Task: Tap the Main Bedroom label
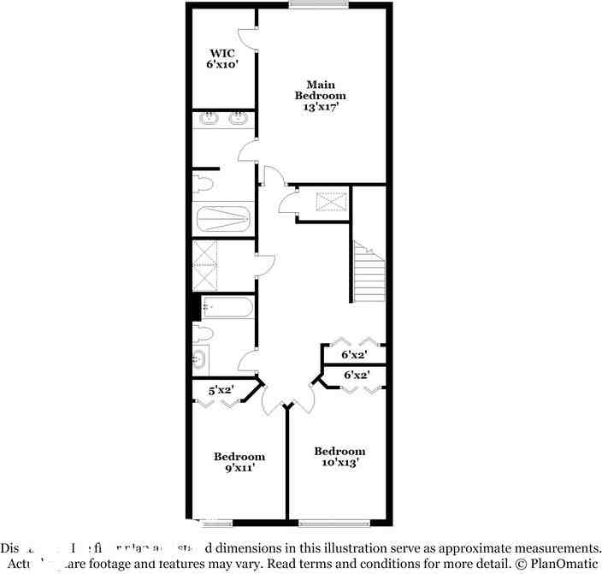pos(321,90)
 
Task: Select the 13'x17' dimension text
pos(321,108)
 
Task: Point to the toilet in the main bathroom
pos(202,184)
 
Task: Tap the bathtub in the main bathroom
pos(224,220)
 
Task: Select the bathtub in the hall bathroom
pos(227,306)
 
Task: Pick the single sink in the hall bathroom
pos(200,358)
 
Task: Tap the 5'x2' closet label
pos(222,390)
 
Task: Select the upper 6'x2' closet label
pos(354,353)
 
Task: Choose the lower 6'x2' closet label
pos(356,375)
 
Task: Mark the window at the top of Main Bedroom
pos(318,5)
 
